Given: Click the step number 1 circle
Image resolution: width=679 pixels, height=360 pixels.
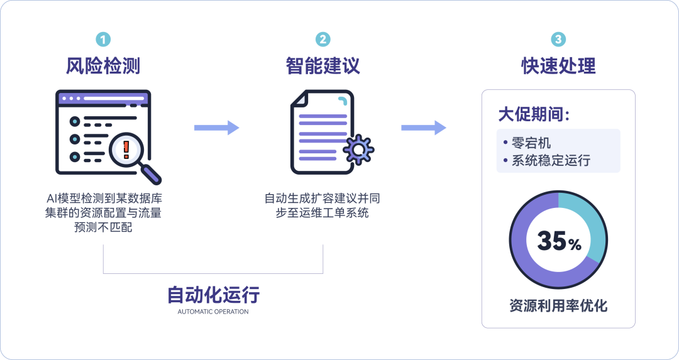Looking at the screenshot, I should pos(103,40).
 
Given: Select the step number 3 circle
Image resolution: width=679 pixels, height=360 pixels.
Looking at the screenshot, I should pos(558,40).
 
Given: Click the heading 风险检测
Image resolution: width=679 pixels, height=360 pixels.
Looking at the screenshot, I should pos(103,66).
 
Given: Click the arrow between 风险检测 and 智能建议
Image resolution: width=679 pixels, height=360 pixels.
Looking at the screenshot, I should pos(217,128).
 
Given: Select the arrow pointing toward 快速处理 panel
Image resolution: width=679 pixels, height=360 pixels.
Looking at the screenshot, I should pos(424,128).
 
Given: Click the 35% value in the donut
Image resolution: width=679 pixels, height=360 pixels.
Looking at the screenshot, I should pos(558,241).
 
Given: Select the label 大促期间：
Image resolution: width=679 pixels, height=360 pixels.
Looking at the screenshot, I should pos(534,115).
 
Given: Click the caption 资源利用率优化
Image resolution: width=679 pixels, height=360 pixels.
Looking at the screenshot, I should pos(558,306).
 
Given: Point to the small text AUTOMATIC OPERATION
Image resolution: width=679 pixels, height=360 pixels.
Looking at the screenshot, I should pos(213,312).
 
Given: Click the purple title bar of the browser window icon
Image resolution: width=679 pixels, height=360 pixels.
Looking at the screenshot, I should pos(103,99).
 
